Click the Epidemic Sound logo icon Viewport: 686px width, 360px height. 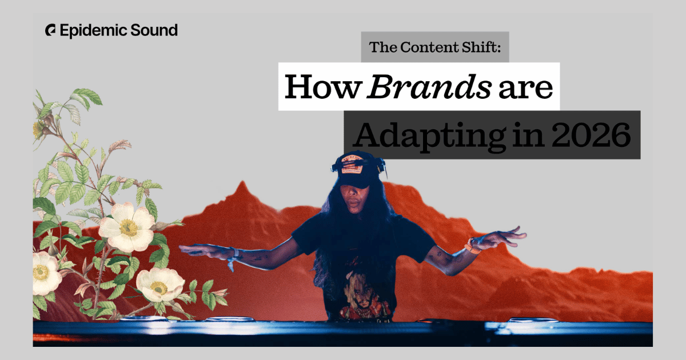pyautogui.click(x=50, y=30)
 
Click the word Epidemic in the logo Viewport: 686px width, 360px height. pyautogui.click(x=93, y=31)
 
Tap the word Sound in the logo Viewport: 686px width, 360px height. pyautogui.click(x=154, y=30)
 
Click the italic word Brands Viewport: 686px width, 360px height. pyautogui.click(x=429, y=87)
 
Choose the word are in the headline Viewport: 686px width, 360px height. pyautogui.click(x=525, y=89)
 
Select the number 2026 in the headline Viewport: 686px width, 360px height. pyautogui.click(x=591, y=135)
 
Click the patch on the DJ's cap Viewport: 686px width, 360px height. pyautogui.click(x=353, y=166)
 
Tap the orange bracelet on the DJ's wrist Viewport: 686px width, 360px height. pyautogui.click(x=472, y=247)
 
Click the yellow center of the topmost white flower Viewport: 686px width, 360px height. pyautogui.click(x=128, y=227)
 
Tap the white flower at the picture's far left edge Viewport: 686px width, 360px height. pyautogui.click(x=45, y=273)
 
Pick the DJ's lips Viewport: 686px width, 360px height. pyautogui.click(x=354, y=204)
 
